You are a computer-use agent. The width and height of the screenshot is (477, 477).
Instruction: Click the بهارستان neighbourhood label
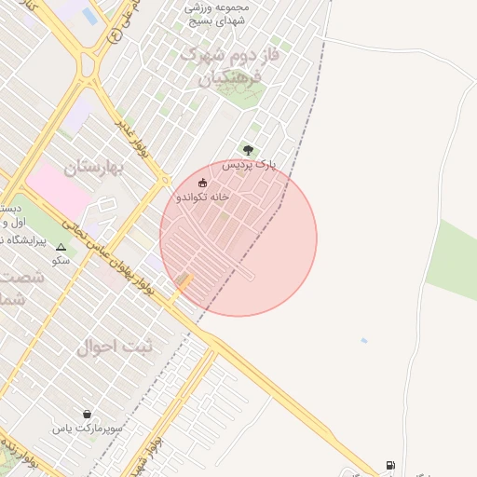click(95, 168)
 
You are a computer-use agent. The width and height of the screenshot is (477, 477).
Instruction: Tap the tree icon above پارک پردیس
click(248, 149)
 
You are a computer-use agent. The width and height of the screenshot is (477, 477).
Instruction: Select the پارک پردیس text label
click(250, 164)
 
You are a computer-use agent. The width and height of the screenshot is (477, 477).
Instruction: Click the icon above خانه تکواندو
click(203, 183)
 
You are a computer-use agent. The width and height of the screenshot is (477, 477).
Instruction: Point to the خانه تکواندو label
click(202, 198)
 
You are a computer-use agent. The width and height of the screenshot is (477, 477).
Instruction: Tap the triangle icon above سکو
click(61, 248)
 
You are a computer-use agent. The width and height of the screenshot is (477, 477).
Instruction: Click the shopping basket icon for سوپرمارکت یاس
click(88, 414)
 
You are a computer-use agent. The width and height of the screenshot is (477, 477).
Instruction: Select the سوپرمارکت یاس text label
click(89, 429)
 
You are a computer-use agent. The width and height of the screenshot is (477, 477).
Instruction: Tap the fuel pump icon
click(389, 465)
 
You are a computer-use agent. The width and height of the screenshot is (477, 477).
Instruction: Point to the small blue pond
click(363, 340)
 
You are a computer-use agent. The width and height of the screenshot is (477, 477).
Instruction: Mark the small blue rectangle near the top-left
click(90, 16)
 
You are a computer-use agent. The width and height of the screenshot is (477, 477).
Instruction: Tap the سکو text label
click(61, 262)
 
